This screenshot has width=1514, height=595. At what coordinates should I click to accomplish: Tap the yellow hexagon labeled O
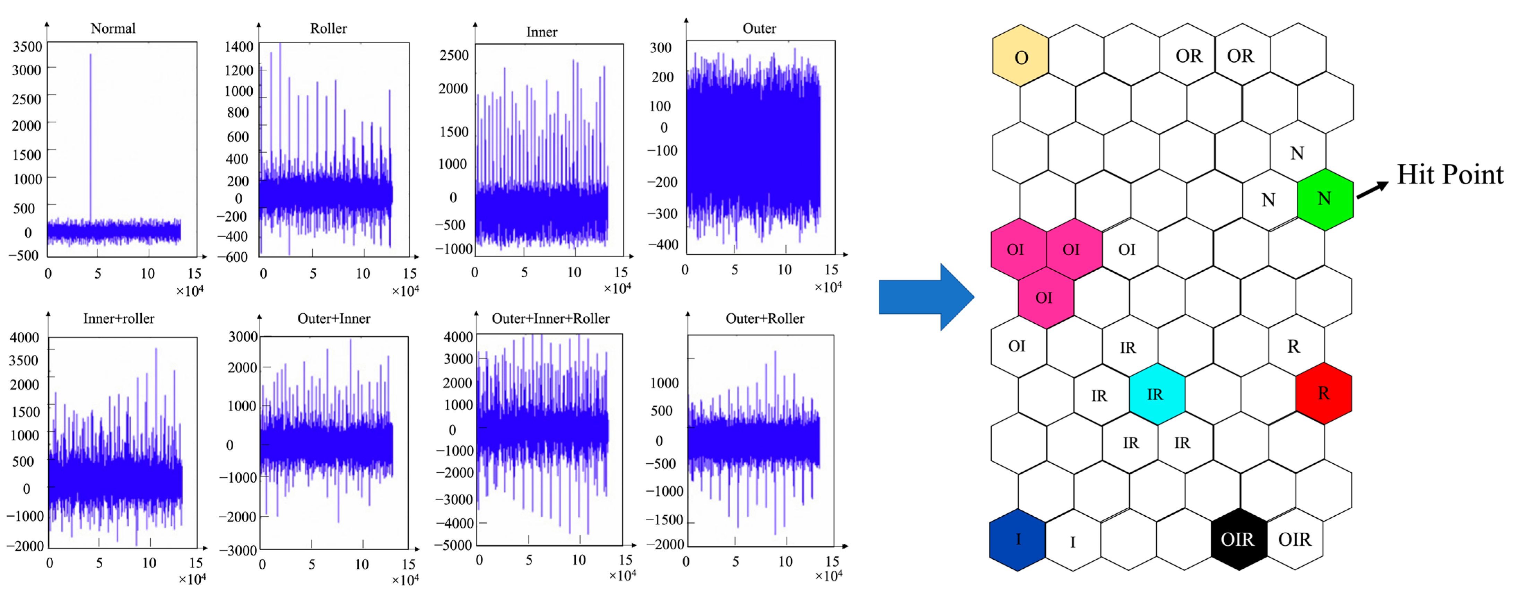(1020, 57)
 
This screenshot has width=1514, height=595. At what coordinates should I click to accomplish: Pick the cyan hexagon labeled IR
(1156, 394)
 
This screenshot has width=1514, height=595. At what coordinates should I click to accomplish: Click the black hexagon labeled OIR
(1238, 539)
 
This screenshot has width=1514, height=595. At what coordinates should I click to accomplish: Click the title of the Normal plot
(113, 28)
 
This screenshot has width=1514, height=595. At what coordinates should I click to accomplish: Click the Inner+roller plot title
(119, 318)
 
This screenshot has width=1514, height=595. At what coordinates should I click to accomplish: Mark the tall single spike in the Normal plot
(90, 135)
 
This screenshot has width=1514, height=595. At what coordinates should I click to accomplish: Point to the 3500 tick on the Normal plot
(28, 46)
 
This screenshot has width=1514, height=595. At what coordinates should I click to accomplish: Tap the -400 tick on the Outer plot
(663, 244)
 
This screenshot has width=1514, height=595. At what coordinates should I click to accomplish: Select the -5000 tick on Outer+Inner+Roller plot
(454, 545)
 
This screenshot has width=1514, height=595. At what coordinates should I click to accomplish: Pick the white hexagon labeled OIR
(1294, 539)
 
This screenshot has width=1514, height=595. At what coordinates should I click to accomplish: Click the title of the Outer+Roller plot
(765, 318)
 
